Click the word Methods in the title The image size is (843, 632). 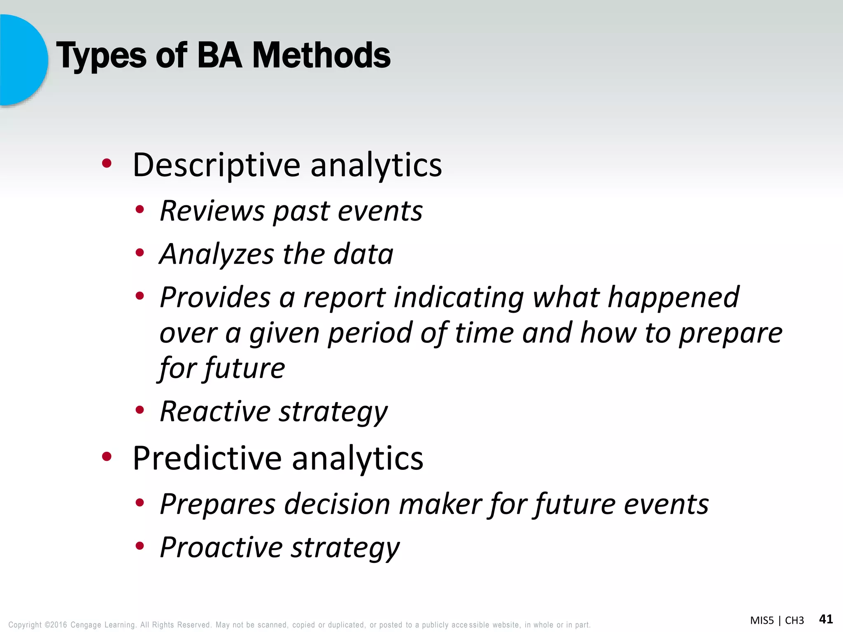(x=321, y=56)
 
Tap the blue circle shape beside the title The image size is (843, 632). (x=23, y=60)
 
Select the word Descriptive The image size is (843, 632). (x=217, y=165)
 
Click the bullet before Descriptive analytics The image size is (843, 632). (x=107, y=164)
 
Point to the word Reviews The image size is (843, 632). (x=212, y=211)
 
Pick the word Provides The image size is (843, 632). (x=215, y=297)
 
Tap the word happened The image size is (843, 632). (x=673, y=297)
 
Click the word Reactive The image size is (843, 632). (x=215, y=411)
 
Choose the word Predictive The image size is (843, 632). (x=207, y=458)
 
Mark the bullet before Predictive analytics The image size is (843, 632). (x=107, y=456)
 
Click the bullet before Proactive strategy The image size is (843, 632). (x=140, y=546)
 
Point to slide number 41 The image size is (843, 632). (x=826, y=619)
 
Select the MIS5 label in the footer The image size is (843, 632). (x=761, y=620)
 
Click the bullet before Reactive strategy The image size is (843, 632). (x=140, y=409)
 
